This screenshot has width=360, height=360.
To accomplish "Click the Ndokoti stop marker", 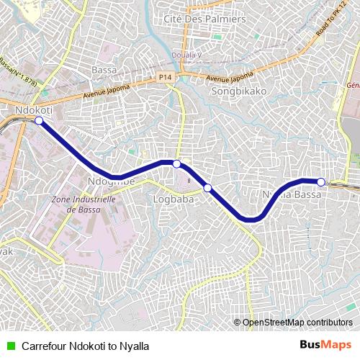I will coord(39,121).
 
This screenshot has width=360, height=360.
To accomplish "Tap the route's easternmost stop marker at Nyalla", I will coord(321,181).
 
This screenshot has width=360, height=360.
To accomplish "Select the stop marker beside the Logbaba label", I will coord(207,188).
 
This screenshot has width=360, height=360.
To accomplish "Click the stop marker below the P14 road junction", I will coord(176,164).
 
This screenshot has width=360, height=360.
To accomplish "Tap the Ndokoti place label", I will coord(33,109).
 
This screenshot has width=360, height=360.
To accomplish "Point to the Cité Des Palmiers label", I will coord(204,17).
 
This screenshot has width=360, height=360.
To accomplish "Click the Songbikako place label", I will coord(238,92).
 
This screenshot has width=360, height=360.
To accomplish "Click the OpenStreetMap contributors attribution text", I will coord(297,323).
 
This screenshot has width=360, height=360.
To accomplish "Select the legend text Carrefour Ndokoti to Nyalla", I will coord(85,345).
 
